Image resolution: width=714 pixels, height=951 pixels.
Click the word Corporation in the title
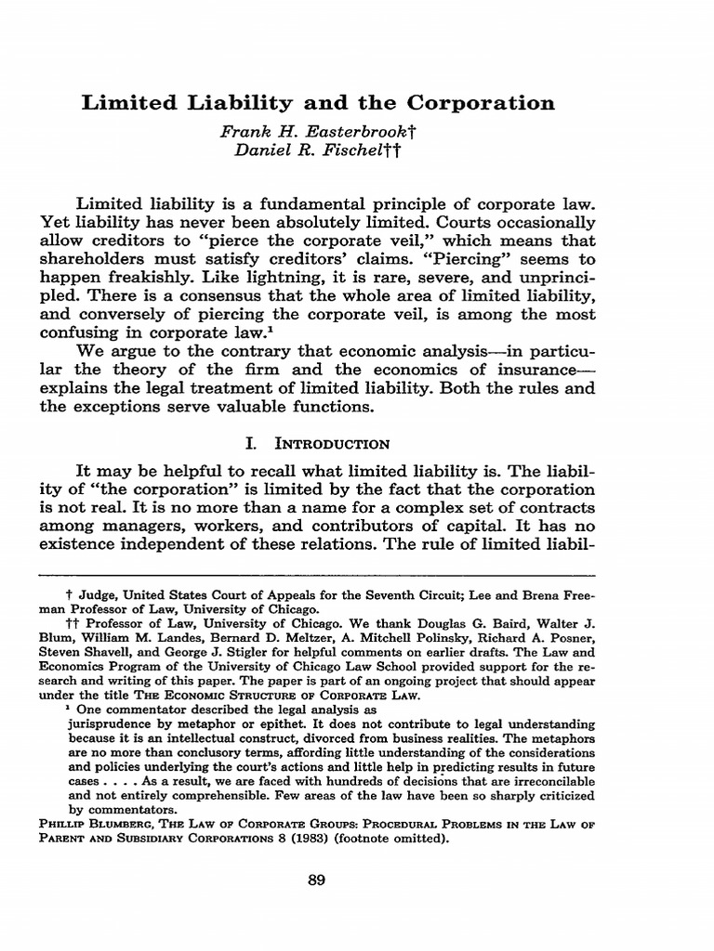pyautogui.click(x=478, y=102)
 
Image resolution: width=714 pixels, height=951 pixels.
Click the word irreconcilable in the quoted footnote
pyautogui.click(x=554, y=781)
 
